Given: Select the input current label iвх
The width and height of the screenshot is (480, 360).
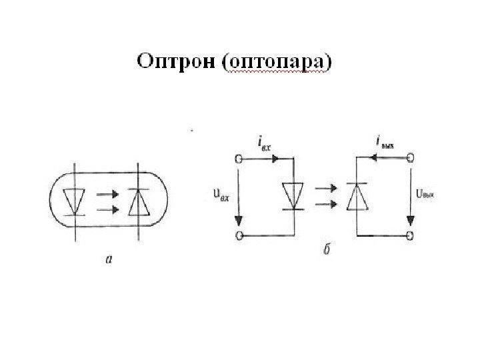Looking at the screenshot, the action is pyautogui.click(x=261, y=143).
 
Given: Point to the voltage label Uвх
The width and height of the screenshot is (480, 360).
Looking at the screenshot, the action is pyautogui.click(x=221, y=196).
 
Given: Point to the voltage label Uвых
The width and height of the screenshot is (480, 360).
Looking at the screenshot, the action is pyautogui.click(x=425, y=195).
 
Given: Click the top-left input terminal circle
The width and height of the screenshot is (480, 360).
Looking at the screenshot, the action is pyautogui.click(x=238, y=159).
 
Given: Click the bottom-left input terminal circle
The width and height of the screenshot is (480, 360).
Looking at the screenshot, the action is pyautogui.click(x=238, y=235).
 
